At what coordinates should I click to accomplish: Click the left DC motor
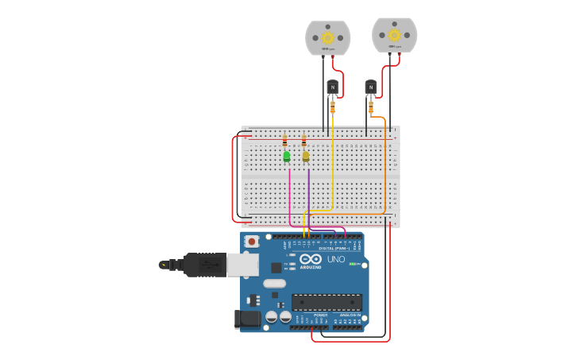click(x=327, y=38)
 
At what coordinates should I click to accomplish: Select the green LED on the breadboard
click(x=286, y=157)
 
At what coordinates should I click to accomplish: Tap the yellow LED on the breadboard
click(x=306, y=157)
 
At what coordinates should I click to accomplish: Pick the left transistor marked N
click(x=332, y=87)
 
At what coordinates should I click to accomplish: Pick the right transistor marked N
click(x=370, y=87)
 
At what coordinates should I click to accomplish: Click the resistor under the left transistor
click(x=332, y=106)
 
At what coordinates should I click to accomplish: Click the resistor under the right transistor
click(x=370, y=106)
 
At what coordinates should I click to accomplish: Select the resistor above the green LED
click(x=284, y=141)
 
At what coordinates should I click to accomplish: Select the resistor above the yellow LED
click(x=303, y=141)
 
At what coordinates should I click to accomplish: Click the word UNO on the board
click(x=336, y=259)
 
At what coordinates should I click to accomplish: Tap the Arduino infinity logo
click(x=311, y=259)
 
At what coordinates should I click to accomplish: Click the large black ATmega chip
click(x=327, y=302)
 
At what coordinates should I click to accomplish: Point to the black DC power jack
click(x=247, y=319)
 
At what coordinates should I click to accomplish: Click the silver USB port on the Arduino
click(x=242, y=265)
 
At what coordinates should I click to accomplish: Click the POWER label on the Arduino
click(x=320, y=315)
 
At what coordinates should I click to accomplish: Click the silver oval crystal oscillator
click(x=274, y=284)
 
